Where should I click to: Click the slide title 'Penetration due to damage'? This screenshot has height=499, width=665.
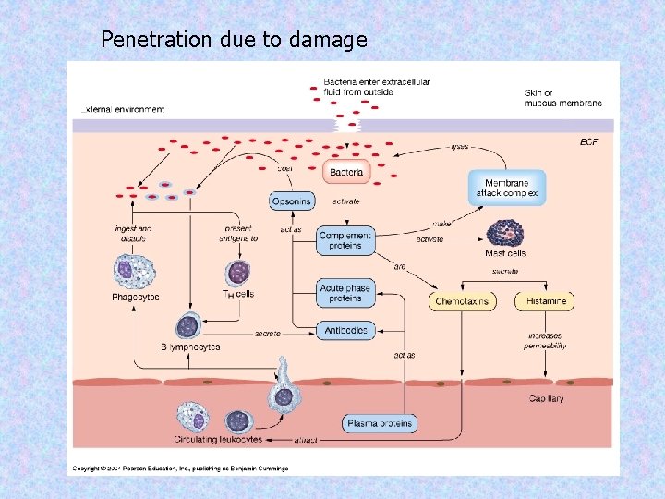point(234,40)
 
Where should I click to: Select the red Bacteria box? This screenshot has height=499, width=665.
point(346,172)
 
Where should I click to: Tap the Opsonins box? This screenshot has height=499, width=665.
point(292,201)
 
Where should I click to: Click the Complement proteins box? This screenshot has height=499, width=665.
point(345,240)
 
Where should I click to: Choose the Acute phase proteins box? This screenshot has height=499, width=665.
point(345,293)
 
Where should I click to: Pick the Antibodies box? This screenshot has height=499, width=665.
point(345,330)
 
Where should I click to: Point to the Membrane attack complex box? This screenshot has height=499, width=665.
point(507,188)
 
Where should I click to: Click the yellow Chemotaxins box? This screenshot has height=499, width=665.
point(463,301)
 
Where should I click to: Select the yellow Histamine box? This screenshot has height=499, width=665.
point(546,301)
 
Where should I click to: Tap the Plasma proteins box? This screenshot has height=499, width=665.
point(380,423)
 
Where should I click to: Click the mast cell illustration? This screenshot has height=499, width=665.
point(505,232)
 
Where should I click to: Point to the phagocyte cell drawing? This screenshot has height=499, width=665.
point(129,272)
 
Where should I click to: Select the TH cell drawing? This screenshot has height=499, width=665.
point(238,273)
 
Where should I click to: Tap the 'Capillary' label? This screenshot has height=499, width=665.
point(546,399)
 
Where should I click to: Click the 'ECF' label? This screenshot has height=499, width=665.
point(588,141)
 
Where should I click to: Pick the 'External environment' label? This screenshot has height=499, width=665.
point(123,109)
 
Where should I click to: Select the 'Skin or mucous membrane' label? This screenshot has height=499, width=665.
point(562,98)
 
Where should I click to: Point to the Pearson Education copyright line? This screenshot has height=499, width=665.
point(181,469)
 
